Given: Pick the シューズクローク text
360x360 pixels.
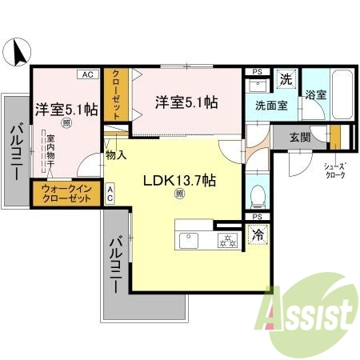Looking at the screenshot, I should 334,170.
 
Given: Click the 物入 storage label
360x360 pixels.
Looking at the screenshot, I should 116,154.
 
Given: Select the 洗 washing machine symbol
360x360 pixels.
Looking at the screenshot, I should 285,79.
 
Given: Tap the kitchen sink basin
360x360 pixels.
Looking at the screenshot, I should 191,238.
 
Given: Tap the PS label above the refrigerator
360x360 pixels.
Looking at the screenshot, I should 257,217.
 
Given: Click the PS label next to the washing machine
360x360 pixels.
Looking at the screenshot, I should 257,72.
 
